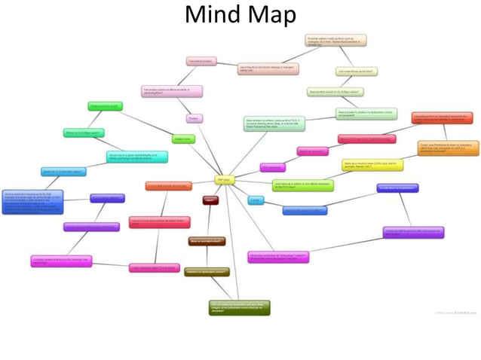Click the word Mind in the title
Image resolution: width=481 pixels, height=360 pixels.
point(211,14)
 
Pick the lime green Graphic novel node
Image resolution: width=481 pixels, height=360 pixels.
point(183,139)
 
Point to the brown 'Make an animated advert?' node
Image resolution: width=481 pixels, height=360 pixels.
point(207,242)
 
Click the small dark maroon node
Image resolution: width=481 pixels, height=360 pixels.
point(210,200)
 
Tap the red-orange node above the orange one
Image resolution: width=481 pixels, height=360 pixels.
point(441,117)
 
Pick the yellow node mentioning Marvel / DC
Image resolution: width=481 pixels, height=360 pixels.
point(372,164)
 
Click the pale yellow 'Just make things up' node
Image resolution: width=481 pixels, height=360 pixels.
point(357,72)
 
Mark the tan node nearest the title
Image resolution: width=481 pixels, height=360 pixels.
point(335,40)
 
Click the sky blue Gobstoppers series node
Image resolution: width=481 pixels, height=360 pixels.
point(63,172)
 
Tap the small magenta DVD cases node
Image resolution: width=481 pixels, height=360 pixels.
point(273,167)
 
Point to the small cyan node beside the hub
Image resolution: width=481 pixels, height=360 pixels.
point(256,200)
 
